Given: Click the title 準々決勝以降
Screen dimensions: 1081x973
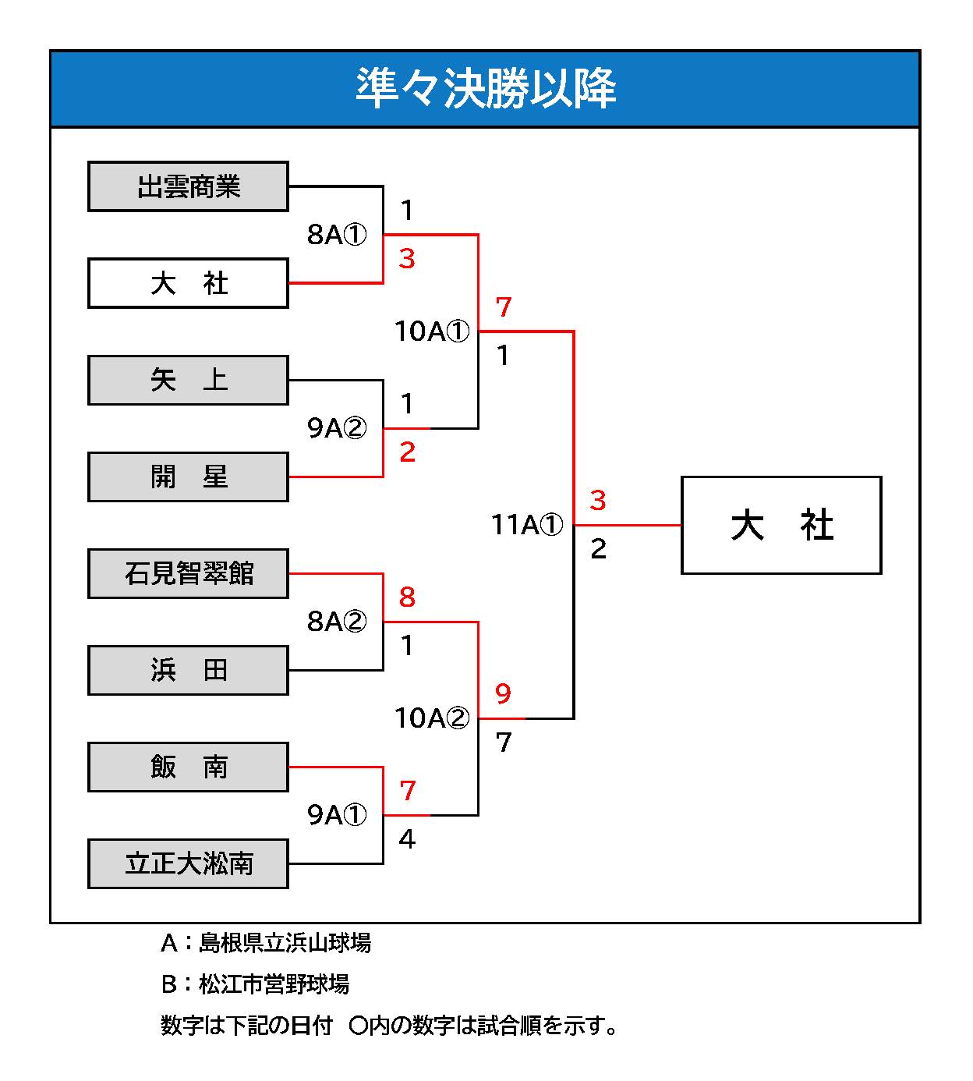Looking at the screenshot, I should coord(485,88).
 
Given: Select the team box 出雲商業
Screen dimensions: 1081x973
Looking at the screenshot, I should coord(188,186).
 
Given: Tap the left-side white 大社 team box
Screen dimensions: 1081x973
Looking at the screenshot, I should coord(188,283).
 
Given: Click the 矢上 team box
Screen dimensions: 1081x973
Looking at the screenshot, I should coord(188,380).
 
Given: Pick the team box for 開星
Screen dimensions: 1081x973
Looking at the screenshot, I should coord(188,477).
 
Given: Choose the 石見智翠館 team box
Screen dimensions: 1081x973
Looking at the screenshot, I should coord(188,573).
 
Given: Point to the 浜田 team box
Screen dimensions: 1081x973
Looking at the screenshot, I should coord(188,670).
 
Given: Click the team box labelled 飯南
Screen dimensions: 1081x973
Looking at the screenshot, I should coord(188,767).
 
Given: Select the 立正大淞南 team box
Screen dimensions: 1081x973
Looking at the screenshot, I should coord(188,863).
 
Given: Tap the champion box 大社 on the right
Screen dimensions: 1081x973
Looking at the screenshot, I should coord(781,525).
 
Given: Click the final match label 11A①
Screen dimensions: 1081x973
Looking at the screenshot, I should coord(527,525).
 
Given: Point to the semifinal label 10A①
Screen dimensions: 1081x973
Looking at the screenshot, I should coord(433,331).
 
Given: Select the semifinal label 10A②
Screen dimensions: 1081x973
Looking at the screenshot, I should coord(433,718).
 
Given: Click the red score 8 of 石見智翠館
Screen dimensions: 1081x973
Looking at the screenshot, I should coord(407,597).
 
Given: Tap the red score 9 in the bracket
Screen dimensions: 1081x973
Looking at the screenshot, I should coord(504,693).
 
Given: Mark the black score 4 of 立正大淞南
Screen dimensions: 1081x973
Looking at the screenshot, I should coord(407,839).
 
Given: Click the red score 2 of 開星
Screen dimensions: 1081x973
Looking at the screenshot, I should coord(407,452).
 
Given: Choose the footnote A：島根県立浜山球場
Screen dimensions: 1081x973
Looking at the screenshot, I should coord(265,943).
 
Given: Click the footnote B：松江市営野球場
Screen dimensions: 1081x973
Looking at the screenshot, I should coord(255,984).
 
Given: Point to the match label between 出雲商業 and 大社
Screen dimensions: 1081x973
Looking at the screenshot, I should coord(337,235).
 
